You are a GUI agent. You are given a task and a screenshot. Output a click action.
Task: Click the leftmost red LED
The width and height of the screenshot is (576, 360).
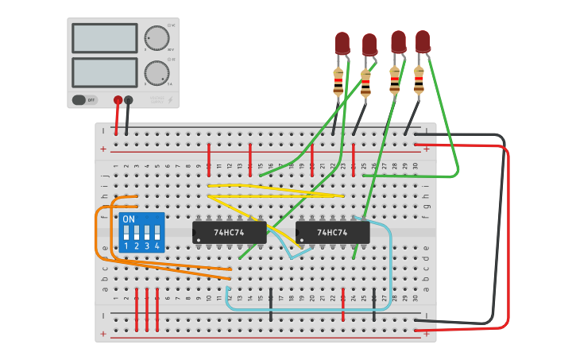(342, 42)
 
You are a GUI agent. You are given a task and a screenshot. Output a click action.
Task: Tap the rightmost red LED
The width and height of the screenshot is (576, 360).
(423, 41)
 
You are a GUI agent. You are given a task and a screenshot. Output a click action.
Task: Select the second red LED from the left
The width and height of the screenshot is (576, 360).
(369, 44)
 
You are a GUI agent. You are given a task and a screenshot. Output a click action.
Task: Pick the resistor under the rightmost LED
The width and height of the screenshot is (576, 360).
(419, 80)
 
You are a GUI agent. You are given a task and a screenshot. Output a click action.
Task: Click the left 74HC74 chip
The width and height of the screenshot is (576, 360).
(229, 232)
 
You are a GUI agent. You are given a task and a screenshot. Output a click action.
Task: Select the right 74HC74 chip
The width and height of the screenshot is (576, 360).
(332, 232)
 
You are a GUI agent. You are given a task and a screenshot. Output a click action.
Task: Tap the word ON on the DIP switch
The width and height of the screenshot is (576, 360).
(129, 219)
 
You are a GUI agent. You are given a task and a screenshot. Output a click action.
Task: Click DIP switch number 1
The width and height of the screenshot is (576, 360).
(126, 234)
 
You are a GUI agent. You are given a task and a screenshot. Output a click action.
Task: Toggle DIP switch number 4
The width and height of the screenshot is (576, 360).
(157, 234)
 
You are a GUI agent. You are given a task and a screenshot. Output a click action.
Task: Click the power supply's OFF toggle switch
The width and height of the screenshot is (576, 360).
(79, 100)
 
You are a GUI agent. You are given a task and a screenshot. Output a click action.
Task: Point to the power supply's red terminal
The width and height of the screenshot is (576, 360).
(118, 100)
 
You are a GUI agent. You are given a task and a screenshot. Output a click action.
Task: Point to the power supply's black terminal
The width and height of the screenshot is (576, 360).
(129, 100)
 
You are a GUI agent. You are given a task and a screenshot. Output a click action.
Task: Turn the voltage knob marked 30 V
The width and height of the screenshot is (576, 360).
(157, 37)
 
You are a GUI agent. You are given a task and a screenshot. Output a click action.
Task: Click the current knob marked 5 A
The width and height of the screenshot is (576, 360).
(157, 73)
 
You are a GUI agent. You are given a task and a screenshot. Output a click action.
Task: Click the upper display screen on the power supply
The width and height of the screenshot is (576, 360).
(104, 37)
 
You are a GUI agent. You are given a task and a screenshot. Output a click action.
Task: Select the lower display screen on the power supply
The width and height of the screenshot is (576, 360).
(104, 72)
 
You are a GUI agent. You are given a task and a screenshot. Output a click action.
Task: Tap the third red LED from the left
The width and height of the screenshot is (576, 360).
(398, 41)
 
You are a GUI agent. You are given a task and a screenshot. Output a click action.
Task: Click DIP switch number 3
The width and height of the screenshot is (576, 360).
(147, 234)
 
